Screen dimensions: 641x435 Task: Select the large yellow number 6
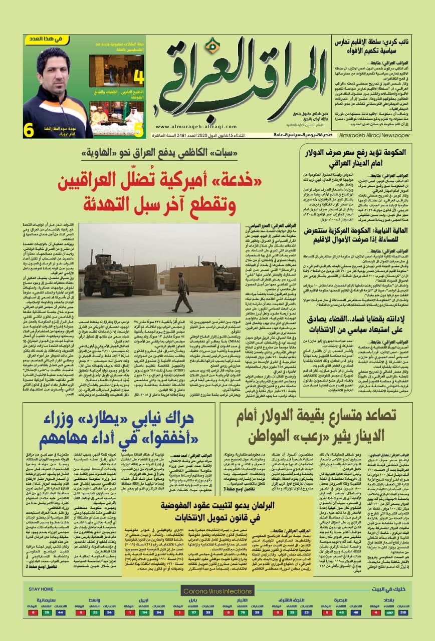coord(30,131)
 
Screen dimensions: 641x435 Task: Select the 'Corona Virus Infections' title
coord(216,591)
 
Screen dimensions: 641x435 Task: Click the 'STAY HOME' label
coord(41,589)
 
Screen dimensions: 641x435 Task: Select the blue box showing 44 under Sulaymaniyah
coord(61,612)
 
